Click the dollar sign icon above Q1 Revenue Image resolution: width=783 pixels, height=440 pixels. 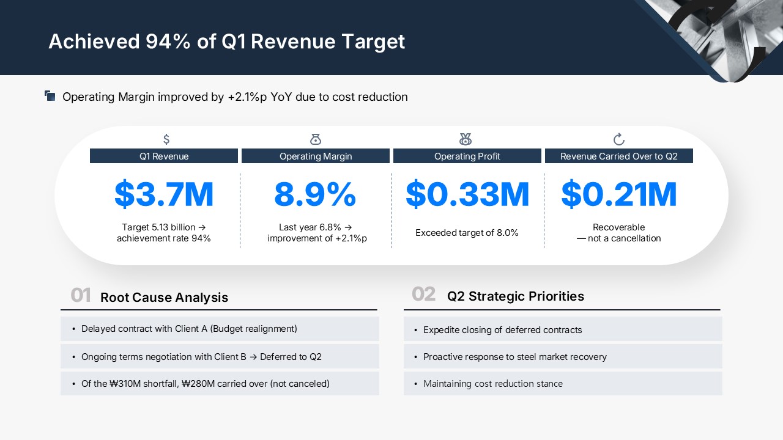166,139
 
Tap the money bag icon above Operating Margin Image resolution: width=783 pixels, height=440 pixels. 316,139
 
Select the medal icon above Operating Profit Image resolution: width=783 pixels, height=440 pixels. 466,139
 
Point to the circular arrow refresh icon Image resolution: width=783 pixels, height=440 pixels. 618,139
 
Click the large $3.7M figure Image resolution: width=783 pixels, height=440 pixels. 164,194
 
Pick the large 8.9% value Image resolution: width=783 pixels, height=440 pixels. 315,194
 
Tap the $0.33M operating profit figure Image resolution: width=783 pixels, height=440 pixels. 467,194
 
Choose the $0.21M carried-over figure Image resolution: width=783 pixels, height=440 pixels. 618,194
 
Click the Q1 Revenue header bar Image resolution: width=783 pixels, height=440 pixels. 164,156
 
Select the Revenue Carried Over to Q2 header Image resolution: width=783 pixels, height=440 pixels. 619,156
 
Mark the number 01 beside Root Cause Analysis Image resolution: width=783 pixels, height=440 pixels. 81,296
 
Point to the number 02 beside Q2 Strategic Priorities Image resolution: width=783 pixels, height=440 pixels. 423,295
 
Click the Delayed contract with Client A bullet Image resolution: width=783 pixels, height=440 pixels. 189,329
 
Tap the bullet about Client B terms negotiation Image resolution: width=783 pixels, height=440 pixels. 201,357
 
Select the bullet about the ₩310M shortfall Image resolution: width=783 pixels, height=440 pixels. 206,384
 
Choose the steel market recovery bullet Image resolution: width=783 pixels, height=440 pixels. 515,357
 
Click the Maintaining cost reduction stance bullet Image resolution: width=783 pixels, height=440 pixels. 493,384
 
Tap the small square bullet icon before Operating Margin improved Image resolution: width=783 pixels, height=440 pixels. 50,96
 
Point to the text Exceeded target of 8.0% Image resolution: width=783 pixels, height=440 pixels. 467,233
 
